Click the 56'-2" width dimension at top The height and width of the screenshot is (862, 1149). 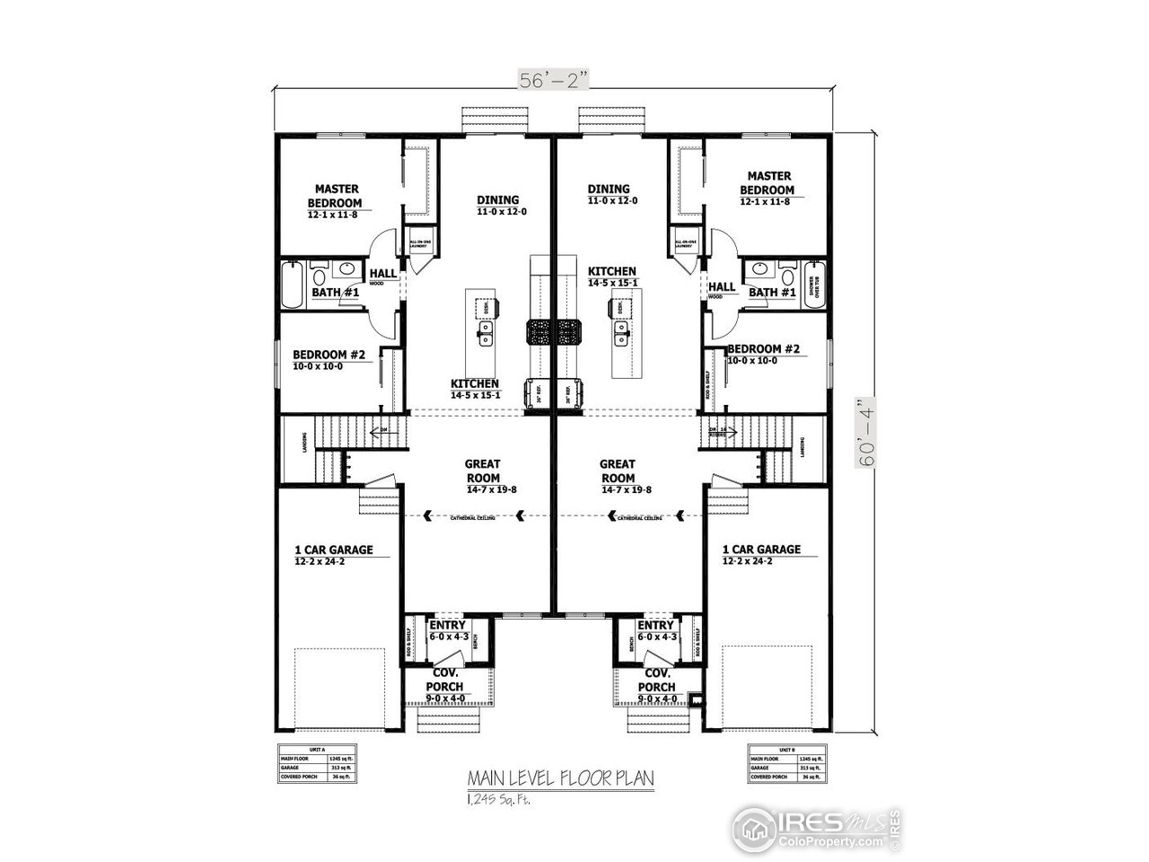pos(554,80)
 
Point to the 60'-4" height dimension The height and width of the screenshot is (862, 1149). pos(867,434)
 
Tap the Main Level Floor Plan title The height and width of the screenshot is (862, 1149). pos(559,777)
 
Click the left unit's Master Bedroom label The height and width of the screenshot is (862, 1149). pos(336,196)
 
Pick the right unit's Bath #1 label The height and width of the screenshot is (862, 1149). pos(772,293)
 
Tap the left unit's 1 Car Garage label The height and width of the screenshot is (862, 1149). pos(334,550)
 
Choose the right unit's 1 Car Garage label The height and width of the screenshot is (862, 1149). pos(761,550)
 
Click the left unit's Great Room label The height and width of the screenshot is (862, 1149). pos(482,471)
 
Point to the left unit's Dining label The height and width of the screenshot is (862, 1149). pos(498,200)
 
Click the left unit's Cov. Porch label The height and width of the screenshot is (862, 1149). pos(446,680)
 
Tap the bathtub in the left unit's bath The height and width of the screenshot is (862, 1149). pos(293,285)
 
